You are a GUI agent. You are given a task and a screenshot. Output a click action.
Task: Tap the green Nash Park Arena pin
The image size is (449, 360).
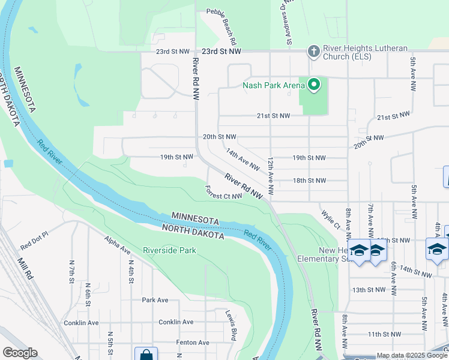(313, 85)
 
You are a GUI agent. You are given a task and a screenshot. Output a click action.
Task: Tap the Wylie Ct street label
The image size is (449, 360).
(330, 219)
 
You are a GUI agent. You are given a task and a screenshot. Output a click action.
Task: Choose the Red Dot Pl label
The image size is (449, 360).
(34, 245)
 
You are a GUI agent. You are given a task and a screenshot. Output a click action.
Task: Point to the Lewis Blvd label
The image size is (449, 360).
(232, 326)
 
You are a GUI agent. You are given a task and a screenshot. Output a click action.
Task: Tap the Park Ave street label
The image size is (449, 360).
(155, 300)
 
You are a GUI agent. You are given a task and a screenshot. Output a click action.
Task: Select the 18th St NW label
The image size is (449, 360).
(309, 180)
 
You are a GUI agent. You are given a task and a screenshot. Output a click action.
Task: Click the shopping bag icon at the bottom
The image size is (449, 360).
(145, 355)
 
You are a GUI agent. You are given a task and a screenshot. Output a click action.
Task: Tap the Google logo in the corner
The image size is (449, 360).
(20, 353)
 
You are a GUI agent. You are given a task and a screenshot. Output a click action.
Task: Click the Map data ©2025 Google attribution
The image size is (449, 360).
(412, 355)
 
